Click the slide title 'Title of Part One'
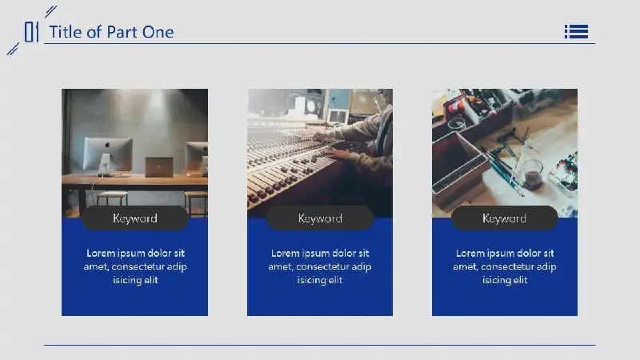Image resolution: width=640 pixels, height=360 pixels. (x=111, y=32)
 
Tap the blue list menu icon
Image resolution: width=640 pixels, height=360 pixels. (x=576, y=31)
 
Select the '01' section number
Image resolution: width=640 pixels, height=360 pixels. (x=31, y=32)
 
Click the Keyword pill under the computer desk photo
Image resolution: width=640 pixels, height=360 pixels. (x=135, y=218)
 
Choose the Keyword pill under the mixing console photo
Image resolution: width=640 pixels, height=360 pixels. (x=320, y=218)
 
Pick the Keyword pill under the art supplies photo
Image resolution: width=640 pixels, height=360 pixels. (x=505, y=218)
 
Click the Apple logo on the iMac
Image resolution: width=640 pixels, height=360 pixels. (x=107, y=145)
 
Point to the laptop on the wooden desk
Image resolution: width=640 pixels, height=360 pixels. (x=158, y=167)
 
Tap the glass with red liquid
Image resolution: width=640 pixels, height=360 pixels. (x=532, y=174)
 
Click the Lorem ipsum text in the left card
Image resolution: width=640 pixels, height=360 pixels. (x=135, y=266)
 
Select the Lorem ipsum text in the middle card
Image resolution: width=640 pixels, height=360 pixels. (x=320, y=266)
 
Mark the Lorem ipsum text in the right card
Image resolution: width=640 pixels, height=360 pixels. (x=505, y=266)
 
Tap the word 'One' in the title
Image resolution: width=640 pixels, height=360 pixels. (x=158, y=32)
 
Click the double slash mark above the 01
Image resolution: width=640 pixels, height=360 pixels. (x=50, y=11)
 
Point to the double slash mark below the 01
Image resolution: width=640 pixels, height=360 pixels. (x=13, y=49)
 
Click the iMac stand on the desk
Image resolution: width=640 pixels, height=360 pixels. (x=105, y=165)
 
